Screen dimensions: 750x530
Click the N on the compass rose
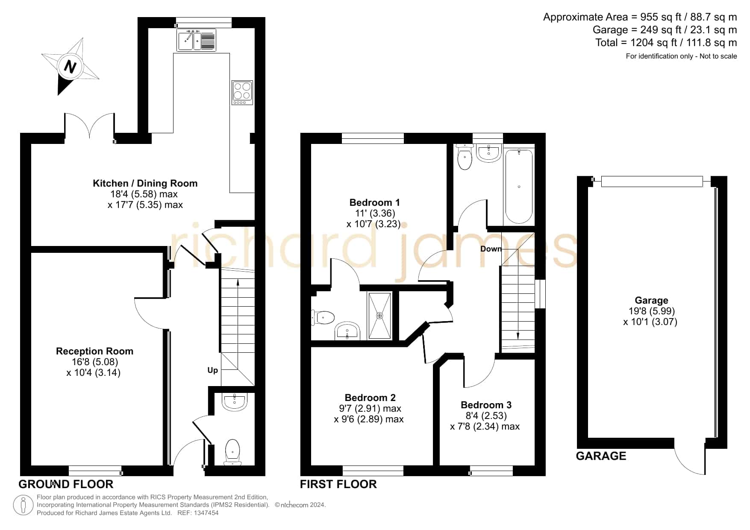click(x=70, y=67)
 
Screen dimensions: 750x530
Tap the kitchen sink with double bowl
click(x=196, y=40)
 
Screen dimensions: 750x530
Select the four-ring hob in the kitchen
click(x=242, y=93)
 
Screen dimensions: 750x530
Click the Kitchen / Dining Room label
click(x=145, y=183)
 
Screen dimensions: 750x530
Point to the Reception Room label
click(x=94, y=351)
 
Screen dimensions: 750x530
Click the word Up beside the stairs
click(x=212, y=370)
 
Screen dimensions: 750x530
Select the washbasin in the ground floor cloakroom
click(x=234, y=402)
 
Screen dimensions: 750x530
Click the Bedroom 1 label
click(x=374, y=202)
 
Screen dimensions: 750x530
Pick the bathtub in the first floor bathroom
click(x=519, y=186)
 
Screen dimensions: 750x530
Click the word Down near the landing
click(x=491, y=249)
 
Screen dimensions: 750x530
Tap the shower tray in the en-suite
click(x=379, y=316)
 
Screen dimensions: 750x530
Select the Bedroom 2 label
click(x=370, y=398)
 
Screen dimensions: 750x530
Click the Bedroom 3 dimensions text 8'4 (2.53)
click(x=486, y=416)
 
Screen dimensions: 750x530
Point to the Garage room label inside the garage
click(x=651, y=300)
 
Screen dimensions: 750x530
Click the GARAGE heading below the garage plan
click(x=601, y=456)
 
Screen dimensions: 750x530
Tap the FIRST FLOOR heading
click(x=338, y=484)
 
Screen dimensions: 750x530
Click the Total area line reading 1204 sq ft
click(x=666, y=43)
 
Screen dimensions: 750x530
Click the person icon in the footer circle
click(x=24, y=505)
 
